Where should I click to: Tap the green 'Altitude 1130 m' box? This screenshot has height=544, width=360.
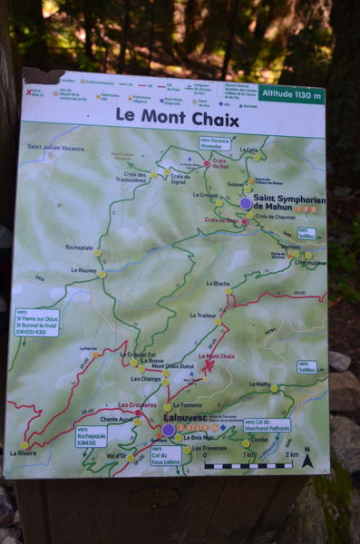pos(290,93)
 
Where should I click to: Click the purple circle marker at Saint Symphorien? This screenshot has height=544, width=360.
pos(246,203)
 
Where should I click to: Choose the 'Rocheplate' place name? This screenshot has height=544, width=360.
pos(79,247)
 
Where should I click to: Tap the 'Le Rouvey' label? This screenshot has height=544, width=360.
pos(84,269)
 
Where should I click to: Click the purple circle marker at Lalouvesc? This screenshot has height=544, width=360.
pos(168,430)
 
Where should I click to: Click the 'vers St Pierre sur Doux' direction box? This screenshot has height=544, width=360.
pos(36,323)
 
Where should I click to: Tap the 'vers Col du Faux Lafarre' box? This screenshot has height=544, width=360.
pos(166,455)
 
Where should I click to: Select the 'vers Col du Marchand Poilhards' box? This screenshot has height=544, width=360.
pos(267,424)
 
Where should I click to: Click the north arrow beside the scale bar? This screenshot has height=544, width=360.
pos(307,460)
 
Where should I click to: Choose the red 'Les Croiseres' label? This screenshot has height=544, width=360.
pos(137,405)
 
